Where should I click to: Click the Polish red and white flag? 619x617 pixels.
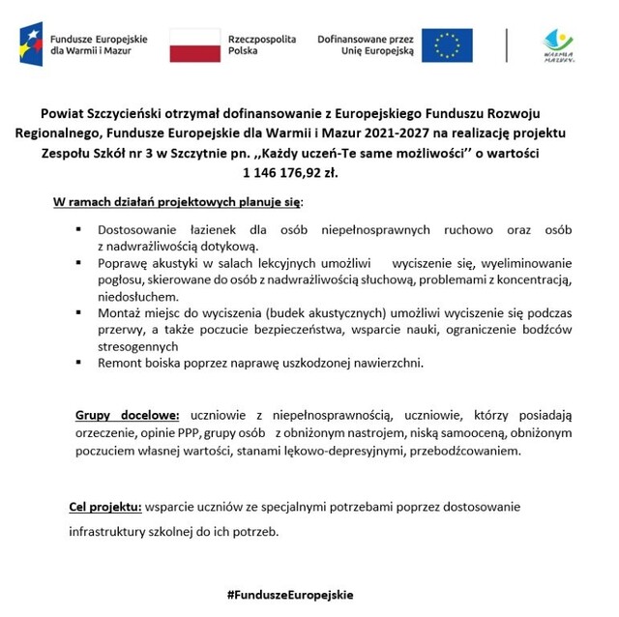click(x=194, y=44)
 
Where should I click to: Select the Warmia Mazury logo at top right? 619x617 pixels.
click(x=558, y=44)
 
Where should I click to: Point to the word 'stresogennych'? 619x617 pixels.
click(x=138, y=346)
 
